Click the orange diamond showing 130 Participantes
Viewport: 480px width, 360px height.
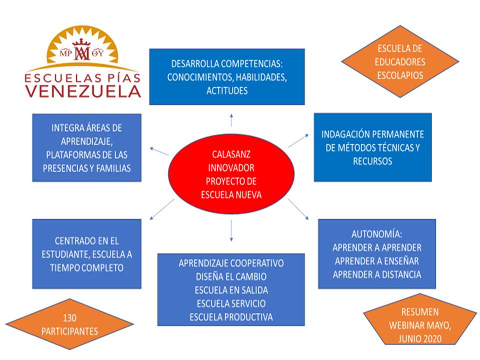tap(69, 324)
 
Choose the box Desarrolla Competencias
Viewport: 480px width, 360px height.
tap(227, 77)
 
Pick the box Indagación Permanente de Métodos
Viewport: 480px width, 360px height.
tap(372, 147)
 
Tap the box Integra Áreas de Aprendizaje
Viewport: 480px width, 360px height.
tap(86, 148)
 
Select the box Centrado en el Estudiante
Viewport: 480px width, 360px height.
tap(86, 254)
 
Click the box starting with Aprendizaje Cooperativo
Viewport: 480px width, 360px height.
tap(231, 289)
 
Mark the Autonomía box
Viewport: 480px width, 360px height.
tap(377, 253)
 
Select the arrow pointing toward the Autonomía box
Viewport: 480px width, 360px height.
tap(298, 209)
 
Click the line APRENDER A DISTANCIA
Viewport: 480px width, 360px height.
tap(377, 274)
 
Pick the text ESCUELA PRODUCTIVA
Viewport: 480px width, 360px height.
tap(231, 317)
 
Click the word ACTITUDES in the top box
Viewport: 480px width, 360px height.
tap(227, 91)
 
